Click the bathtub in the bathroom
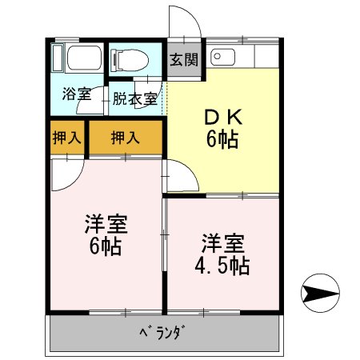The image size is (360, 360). pos(78,58)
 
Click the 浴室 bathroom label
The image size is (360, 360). pos(77,93)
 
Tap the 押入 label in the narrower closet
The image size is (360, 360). pos(66,138)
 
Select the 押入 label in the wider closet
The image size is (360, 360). pos(125,138)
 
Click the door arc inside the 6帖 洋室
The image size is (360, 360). pos(66,174)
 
